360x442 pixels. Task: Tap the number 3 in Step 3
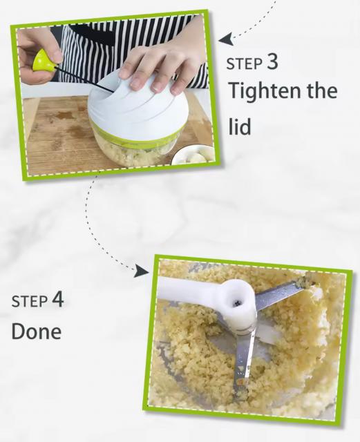272,61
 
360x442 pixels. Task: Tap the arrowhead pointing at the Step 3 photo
226,39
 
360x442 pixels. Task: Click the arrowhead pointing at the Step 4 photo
142,271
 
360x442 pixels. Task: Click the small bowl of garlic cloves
193,157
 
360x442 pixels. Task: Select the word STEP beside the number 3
245,64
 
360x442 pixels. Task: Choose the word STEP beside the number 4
29,301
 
